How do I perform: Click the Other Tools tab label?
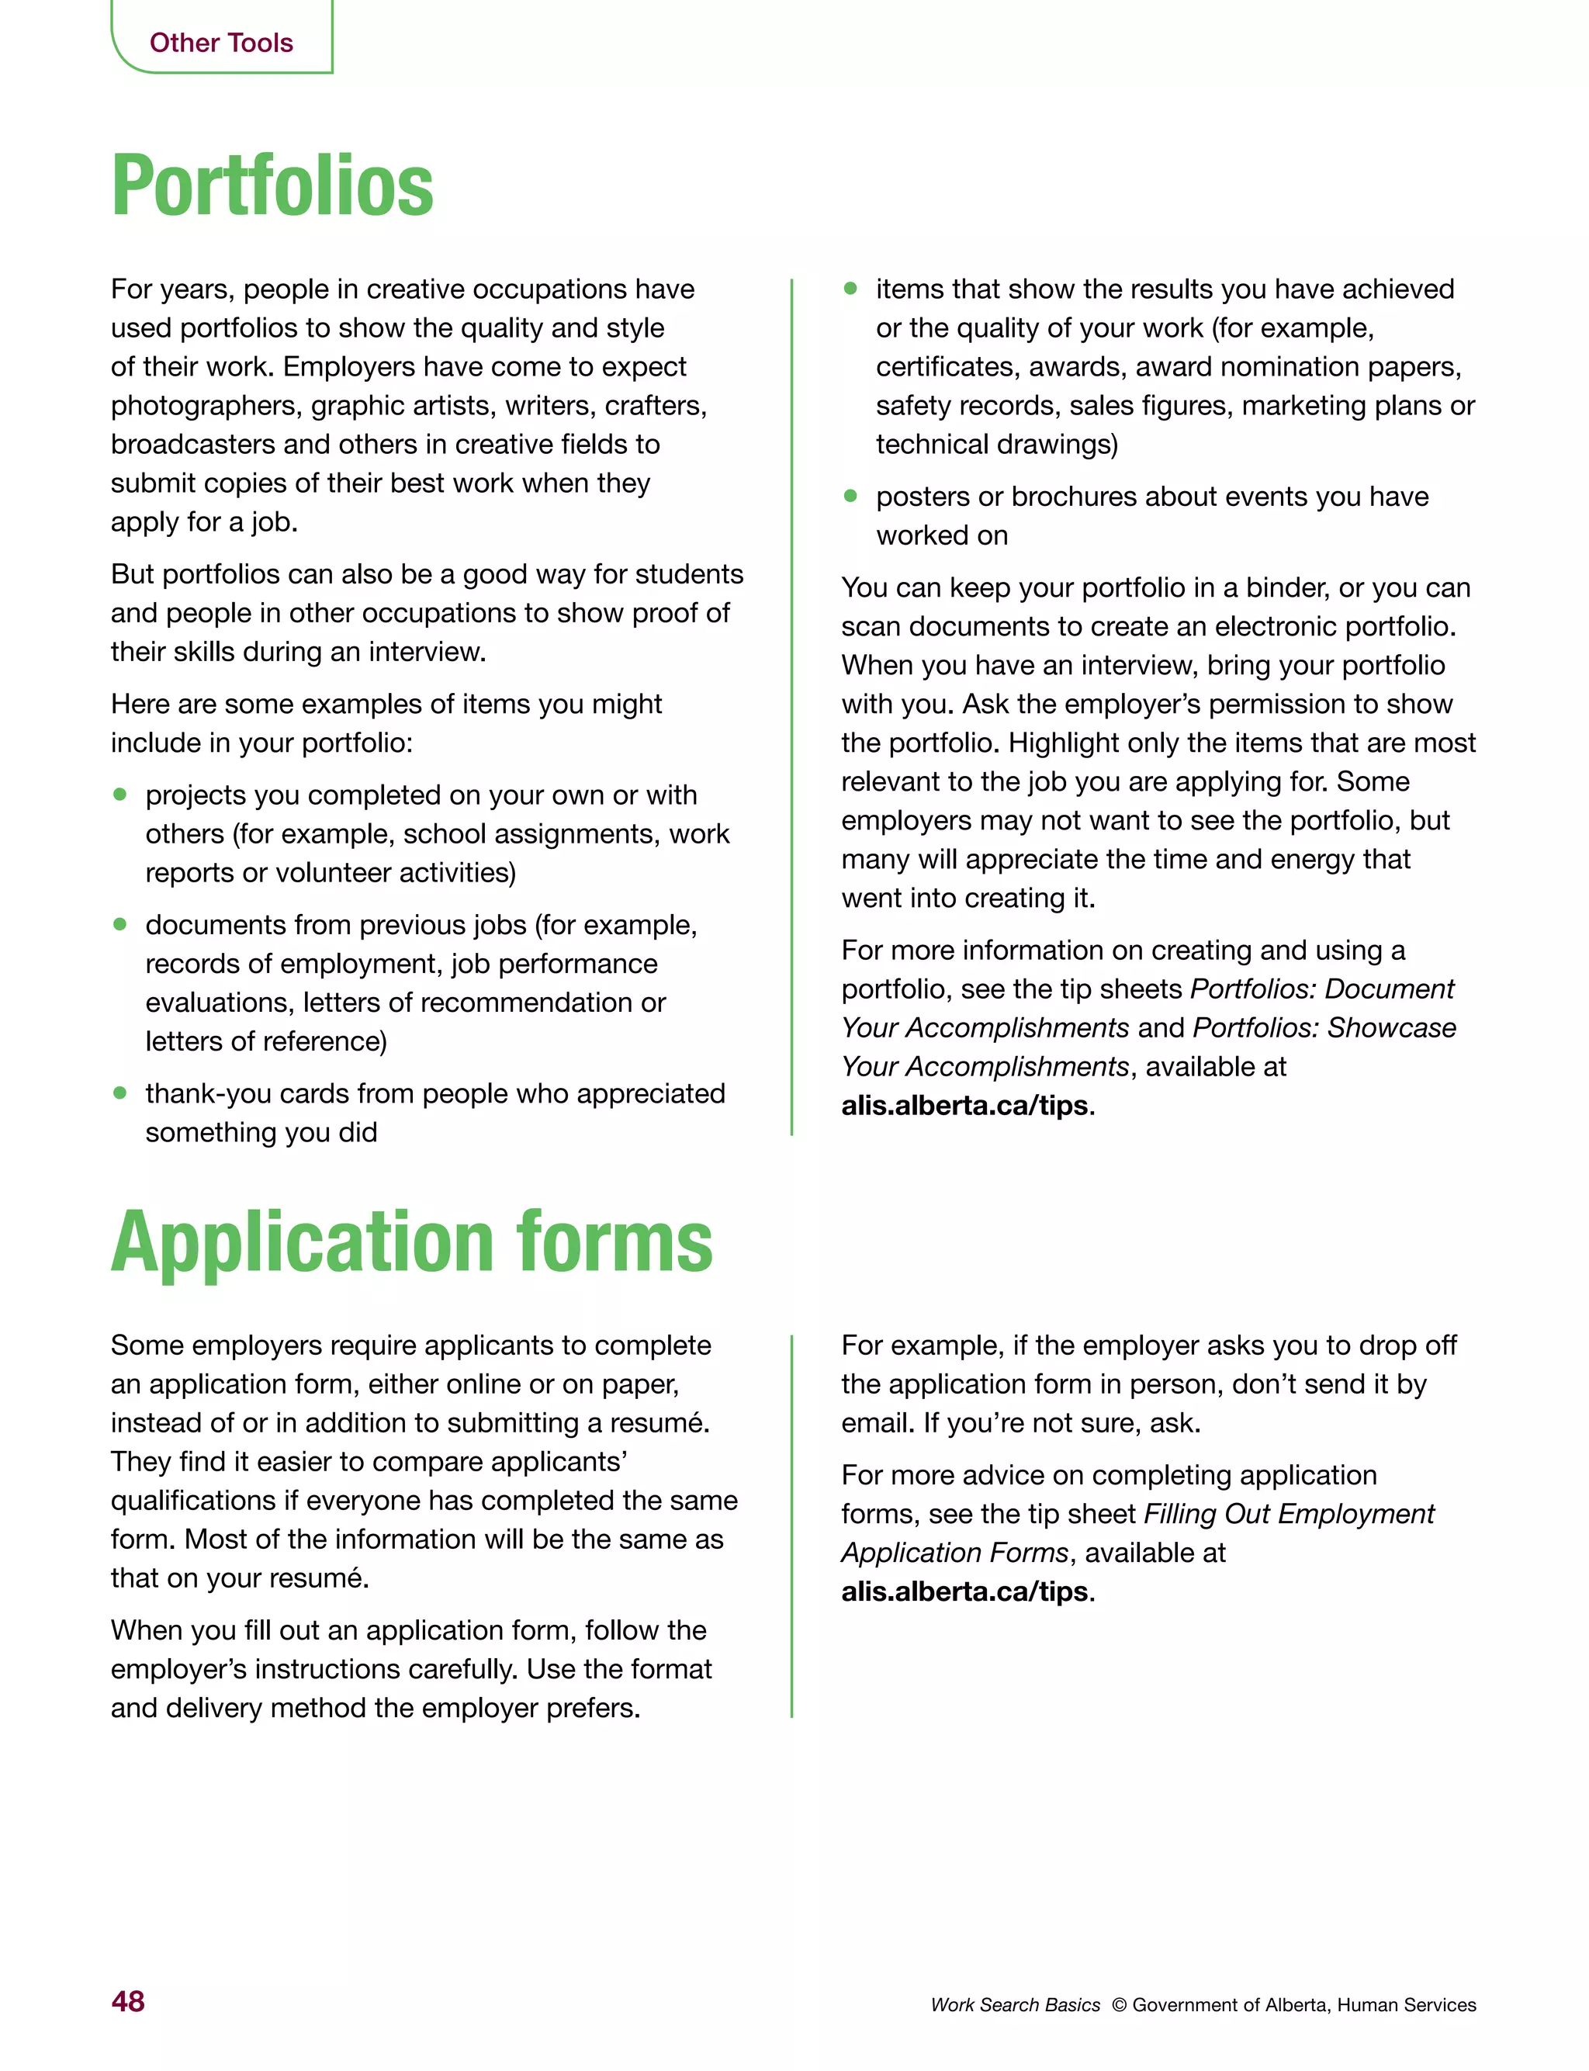(220, 43)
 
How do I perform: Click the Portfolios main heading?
(272, 186)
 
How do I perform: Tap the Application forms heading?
(411, 1242)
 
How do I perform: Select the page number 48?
(128, 2001)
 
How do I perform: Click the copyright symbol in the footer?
(1119, 2005)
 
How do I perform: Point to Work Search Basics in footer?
(1015, 2005)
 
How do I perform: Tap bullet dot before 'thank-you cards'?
(120, 1093)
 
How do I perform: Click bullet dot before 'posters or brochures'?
(850, 496)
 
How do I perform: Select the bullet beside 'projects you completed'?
(120, 795)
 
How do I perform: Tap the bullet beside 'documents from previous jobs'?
(120, 924)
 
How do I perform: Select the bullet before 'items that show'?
(850, 289)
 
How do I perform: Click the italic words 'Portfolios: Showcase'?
(1324, 1027)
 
